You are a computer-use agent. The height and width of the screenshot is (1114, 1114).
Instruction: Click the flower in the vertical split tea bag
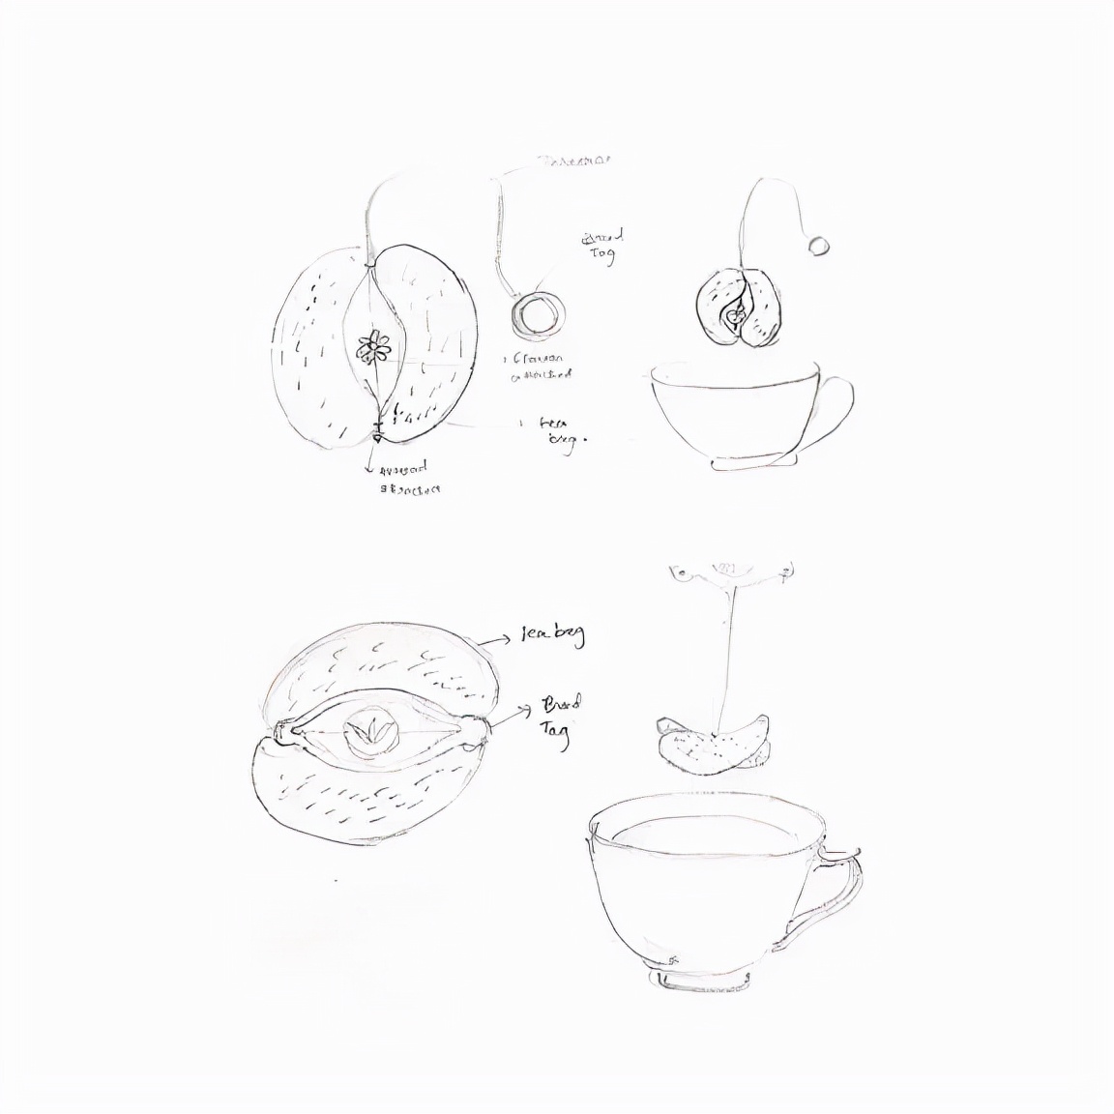pos(374,346)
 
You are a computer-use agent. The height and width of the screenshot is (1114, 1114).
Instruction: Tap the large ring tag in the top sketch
pos(535,313)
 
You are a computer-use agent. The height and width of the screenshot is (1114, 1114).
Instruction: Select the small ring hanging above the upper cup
pos(819,245)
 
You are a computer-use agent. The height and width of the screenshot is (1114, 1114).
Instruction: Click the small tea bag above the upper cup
pos(740,307)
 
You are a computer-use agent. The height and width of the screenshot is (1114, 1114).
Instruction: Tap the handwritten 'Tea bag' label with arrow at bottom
pos(552,635)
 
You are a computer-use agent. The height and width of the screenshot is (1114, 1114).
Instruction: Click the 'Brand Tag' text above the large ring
pos(602,245)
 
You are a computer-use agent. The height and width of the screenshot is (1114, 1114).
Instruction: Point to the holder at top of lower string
pos(732,572)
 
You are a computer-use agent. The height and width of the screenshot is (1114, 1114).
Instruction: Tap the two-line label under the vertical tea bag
pos(409,479)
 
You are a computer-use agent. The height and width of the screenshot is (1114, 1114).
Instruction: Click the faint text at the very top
pos(573,161)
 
